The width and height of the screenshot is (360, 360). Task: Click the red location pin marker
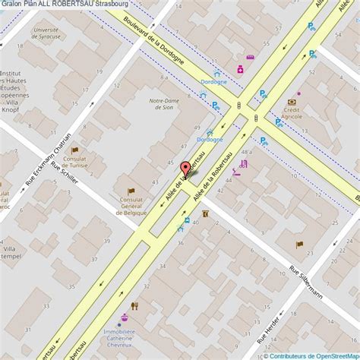pos(186,169)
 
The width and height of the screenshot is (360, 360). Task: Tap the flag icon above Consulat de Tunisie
pos(74,150)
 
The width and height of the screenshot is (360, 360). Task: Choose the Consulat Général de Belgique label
pos(131,207)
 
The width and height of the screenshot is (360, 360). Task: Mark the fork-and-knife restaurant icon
pos(135,307)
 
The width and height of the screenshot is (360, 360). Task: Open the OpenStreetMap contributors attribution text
pos(310,355)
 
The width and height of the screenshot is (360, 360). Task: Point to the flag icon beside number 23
pos(298,245)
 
